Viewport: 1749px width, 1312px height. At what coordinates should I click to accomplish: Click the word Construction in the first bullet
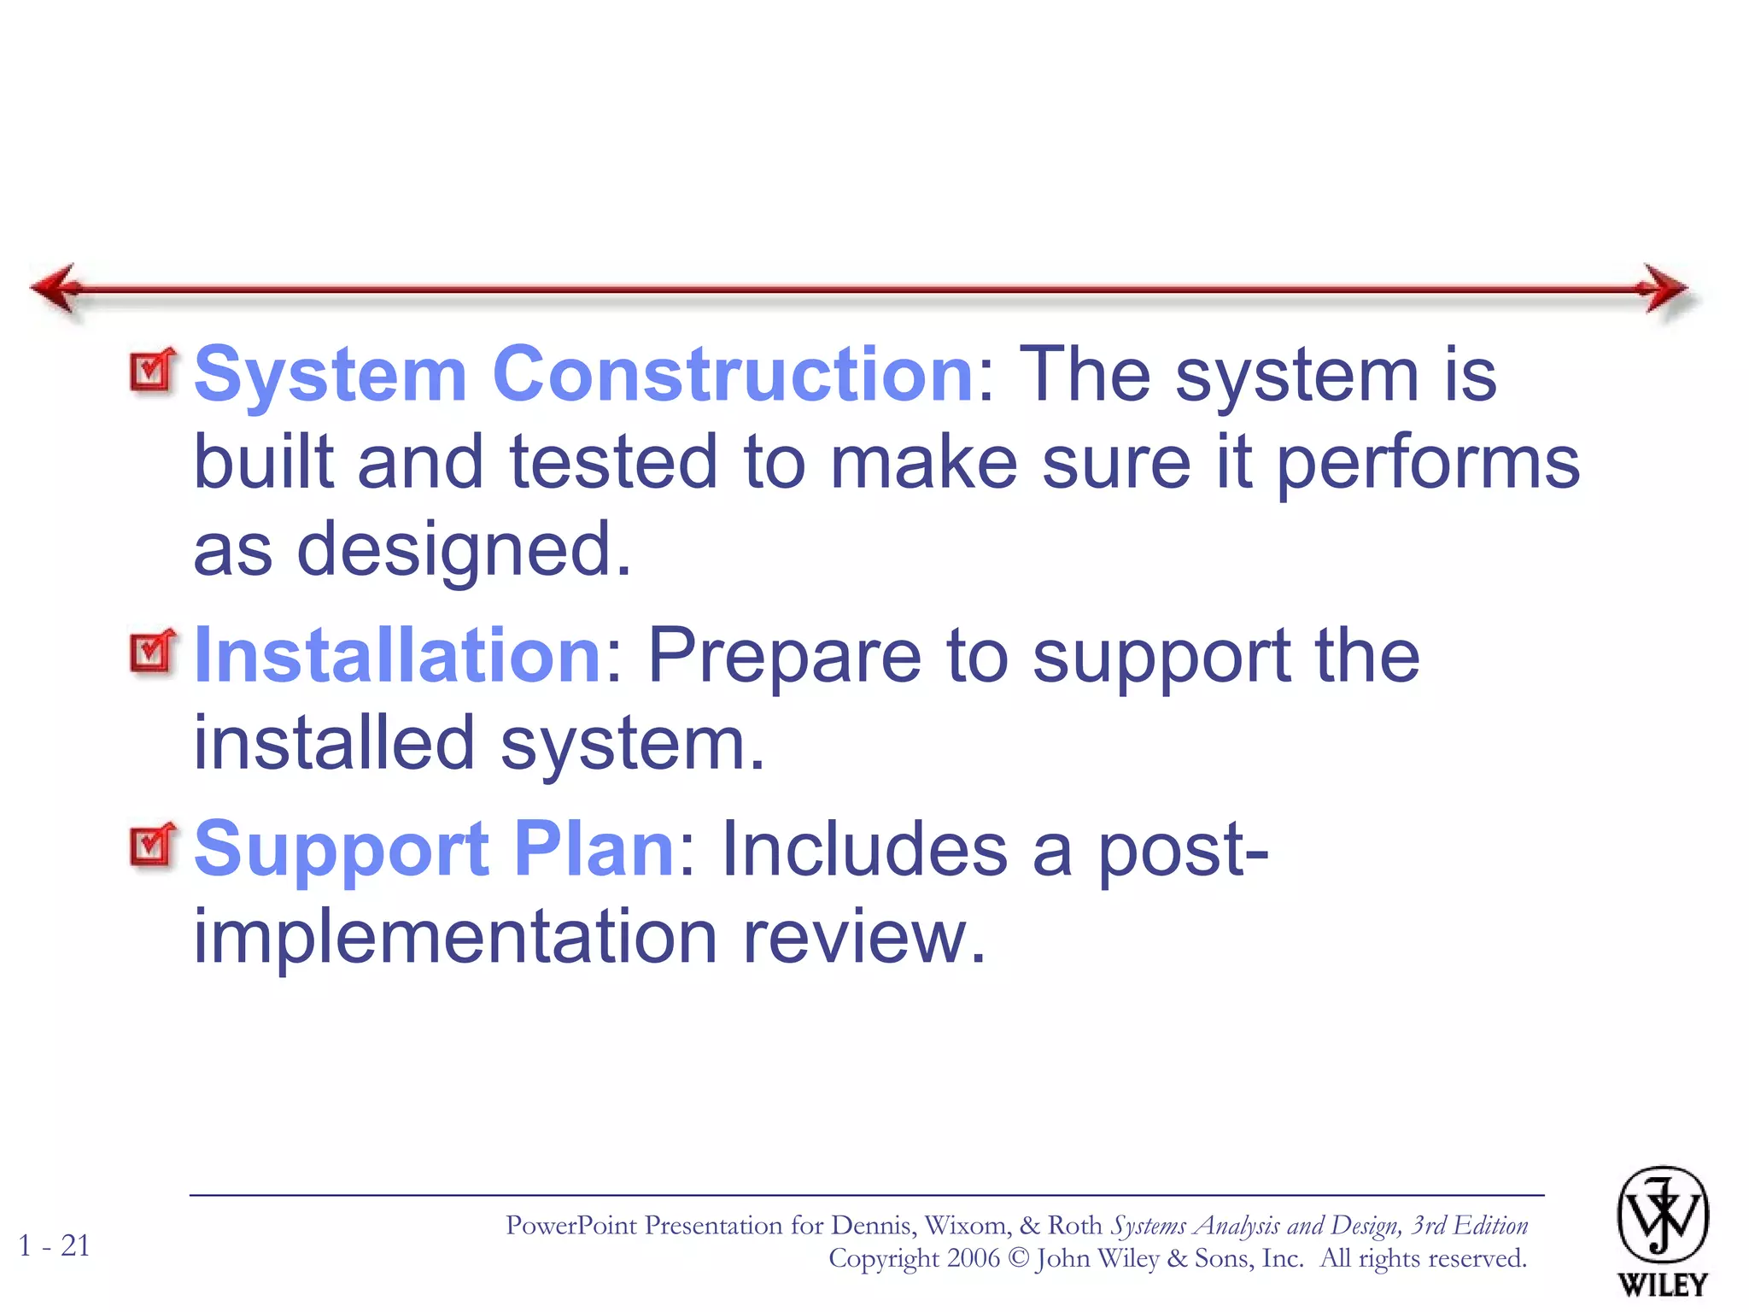pyautogui.click(x=733, y=374)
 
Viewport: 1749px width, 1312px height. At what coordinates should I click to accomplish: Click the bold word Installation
pyautogui.click(x=398, y=655)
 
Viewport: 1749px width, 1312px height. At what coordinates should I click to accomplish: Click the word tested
pyautogui.click(x=613, y=462)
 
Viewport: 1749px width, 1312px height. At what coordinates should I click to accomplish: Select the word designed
pyautogui.click(x=464, y=551)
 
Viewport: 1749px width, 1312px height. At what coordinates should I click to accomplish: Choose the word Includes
pyautogui.click(x=864, y=848)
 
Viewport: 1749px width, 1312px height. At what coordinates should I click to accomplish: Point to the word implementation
pyautogui.click(x=455, y=937)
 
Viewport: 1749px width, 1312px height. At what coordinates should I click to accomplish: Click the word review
pyautogui.click(x=863, y=937)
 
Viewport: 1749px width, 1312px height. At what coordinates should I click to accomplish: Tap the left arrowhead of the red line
pyautogui.click(x=56, y=289)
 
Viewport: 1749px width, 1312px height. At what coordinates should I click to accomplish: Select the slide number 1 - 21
pyautogui.click(x=55, y=1245)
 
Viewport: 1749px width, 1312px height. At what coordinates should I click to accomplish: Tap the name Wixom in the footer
pyautogui.click(x=965, y=1226)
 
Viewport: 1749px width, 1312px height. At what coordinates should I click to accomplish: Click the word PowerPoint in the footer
pyautogui.click(x=571, y=1226)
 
